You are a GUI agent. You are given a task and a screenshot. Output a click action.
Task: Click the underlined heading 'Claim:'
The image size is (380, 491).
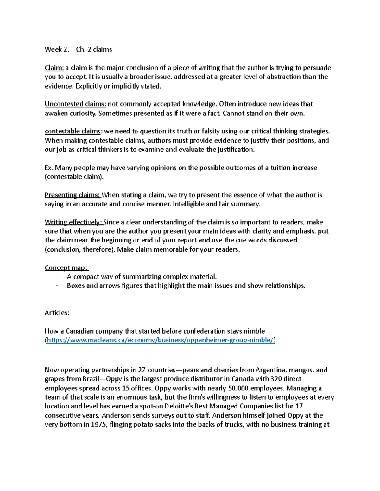click(x=54, y=68)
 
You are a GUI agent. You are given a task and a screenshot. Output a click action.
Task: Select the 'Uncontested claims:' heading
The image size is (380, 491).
click(x=75, y=104)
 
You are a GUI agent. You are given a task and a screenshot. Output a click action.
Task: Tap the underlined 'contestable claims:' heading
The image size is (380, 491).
click(x=73, y=131)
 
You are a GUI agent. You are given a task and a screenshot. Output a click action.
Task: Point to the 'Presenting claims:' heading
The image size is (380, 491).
click(x=73, y=195)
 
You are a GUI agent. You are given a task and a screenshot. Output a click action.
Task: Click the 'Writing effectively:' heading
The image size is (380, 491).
click(x=73, y=222)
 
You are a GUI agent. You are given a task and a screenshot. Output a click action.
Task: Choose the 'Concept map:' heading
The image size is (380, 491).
click(x=66, y=268)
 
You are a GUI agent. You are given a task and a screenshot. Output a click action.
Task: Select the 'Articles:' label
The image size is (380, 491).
click(x=57, y=313)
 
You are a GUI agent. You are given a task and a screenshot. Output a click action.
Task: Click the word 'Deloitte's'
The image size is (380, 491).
click(x=174, y=406)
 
